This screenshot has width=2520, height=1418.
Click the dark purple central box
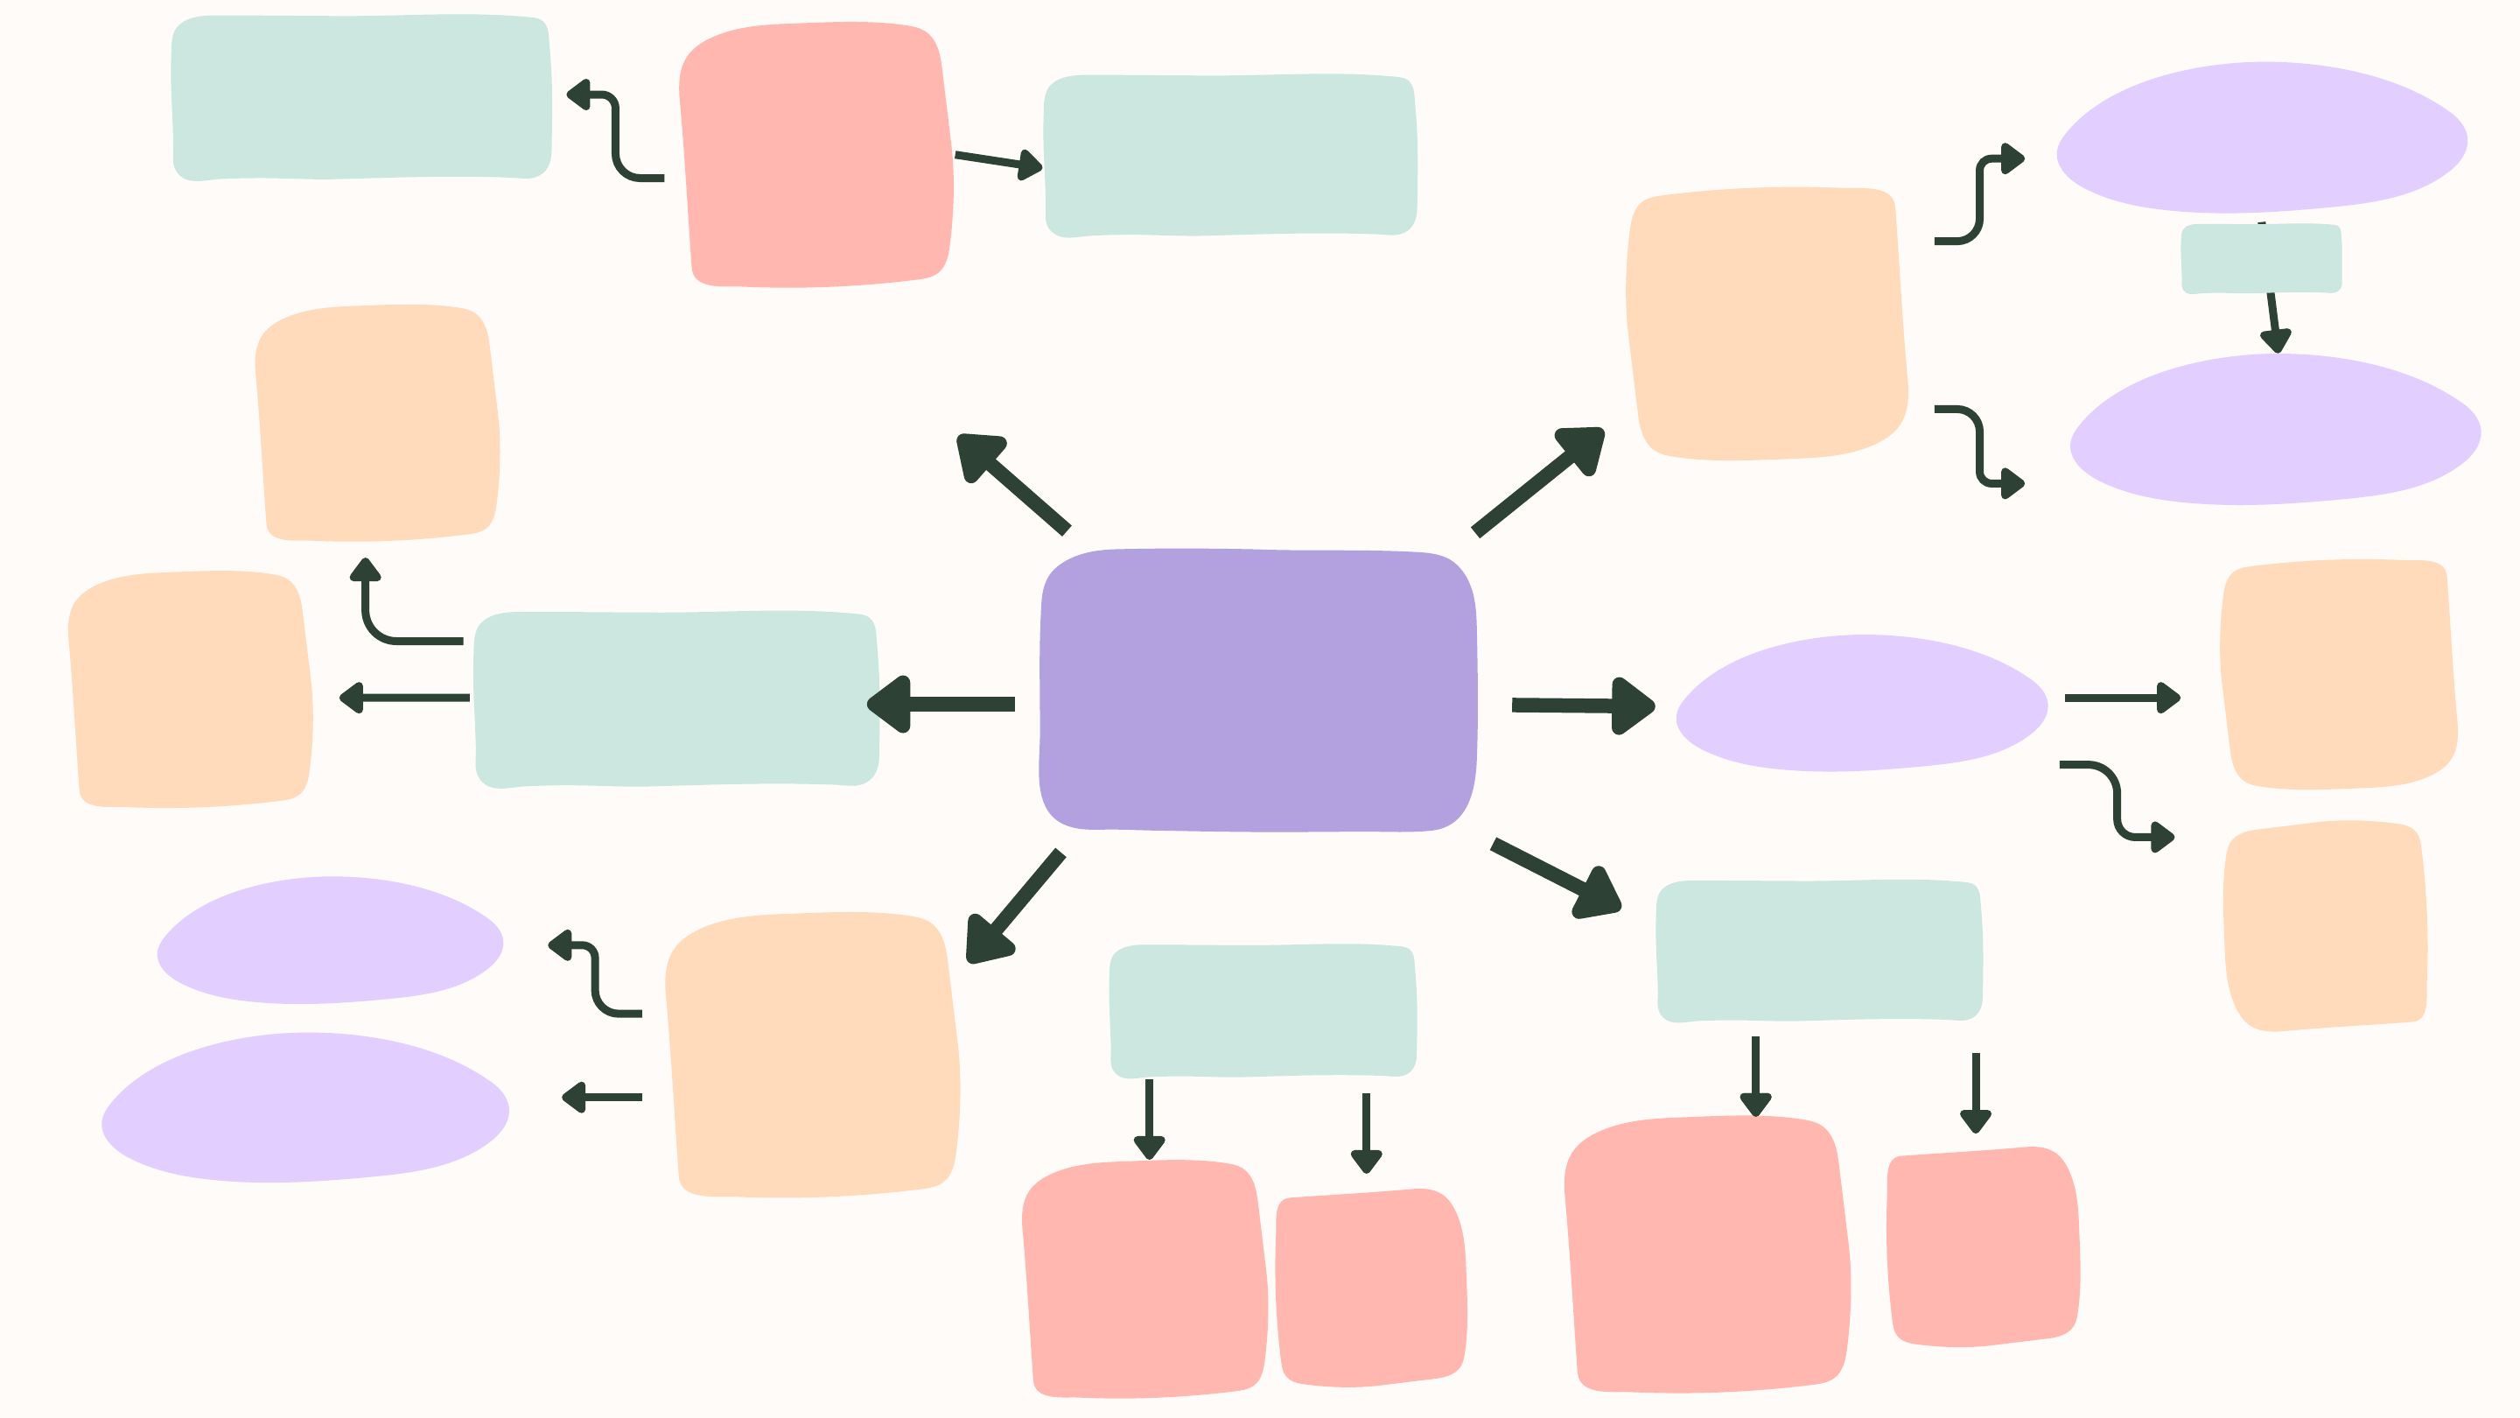click(x=1258, y=690)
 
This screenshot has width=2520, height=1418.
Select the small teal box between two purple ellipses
click(x=2261, y=258)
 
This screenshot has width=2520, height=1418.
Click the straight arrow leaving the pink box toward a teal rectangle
click(x=997, y=161)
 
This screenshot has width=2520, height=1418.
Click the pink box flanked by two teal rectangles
click(x=815, y=155)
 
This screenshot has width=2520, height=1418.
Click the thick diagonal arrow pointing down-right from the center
click(x=1557, y=877)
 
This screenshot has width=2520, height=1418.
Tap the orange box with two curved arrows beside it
click(x=1766, y=323)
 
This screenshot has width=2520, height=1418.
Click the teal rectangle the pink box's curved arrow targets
click(x=361, y=97)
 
